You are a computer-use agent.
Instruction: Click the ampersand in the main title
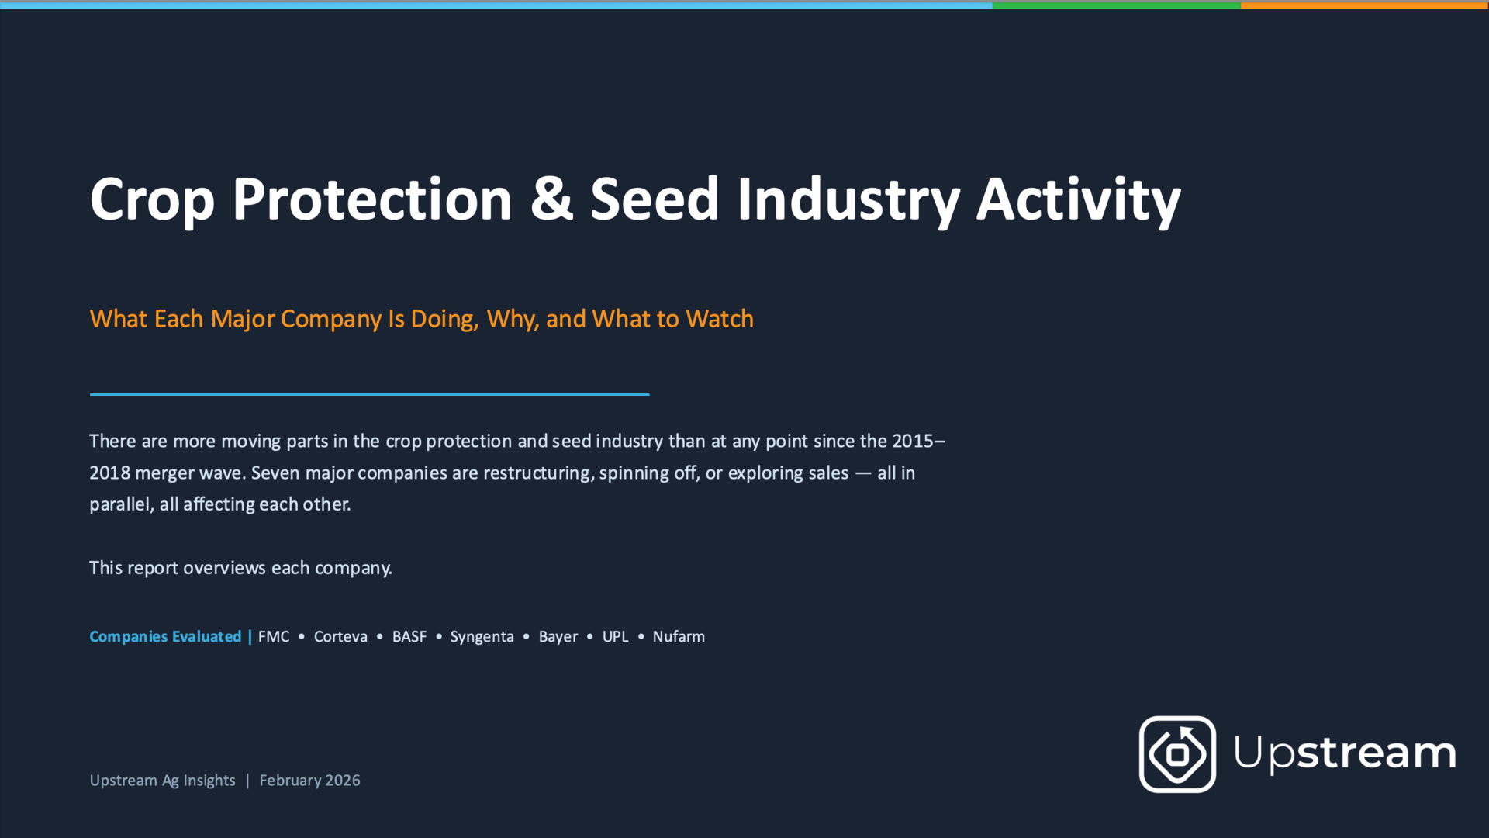point(551,199)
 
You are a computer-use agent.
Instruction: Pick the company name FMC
point(274,636)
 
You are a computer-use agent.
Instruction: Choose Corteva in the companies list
point(340,636)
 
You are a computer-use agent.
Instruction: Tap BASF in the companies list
point(409,636)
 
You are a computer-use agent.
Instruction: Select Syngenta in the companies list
point(482,637)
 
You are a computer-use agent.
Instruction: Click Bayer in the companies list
point(558,637)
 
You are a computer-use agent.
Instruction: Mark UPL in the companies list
point(616,636)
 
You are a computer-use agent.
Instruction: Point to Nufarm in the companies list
point(679,636)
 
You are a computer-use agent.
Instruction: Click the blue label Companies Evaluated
point(165,636)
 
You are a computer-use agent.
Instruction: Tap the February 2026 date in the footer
point(309,780)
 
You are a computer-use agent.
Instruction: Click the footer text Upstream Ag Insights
point(162,781)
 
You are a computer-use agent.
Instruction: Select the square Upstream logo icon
point(1177,754)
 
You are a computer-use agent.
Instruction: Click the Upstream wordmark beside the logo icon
point(1345,753)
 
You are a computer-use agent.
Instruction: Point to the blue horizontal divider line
point(369,395)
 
